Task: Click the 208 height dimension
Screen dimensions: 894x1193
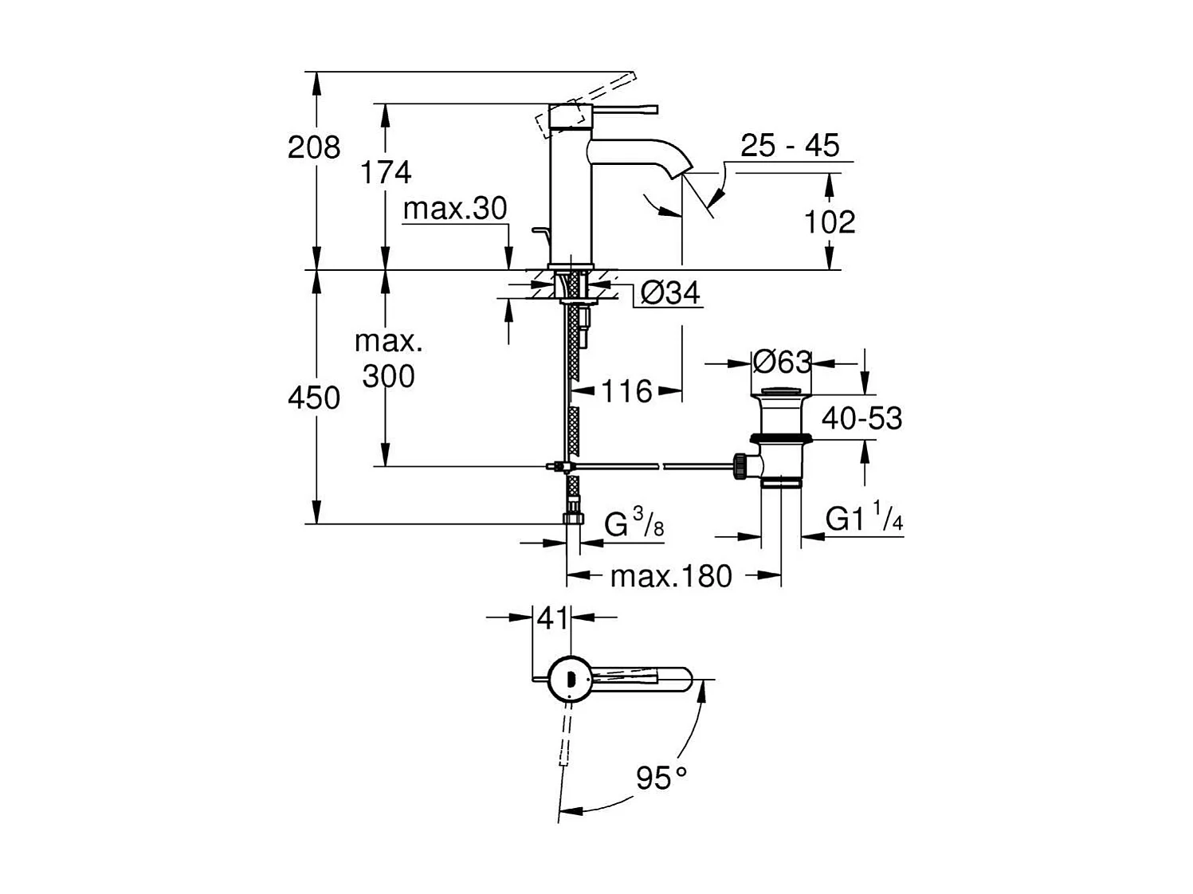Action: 314,147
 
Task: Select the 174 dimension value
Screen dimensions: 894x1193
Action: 386,172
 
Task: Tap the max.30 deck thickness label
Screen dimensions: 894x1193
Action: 455,209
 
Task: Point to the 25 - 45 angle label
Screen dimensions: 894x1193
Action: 790,146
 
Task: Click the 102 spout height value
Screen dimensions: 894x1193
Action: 829,222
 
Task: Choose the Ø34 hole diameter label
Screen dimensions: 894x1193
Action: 670,294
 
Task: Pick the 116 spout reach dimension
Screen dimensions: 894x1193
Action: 626,391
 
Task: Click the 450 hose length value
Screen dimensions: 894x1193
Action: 314,398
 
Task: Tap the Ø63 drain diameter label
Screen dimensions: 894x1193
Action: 782,363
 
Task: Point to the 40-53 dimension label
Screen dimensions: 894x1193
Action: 861,418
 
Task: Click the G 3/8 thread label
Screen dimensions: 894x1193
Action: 634,525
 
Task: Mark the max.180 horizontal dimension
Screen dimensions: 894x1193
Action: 670,575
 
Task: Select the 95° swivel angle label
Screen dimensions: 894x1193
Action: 661,777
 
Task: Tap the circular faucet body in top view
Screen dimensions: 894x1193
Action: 569,679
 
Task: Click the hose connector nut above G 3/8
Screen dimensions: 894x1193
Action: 573,518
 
